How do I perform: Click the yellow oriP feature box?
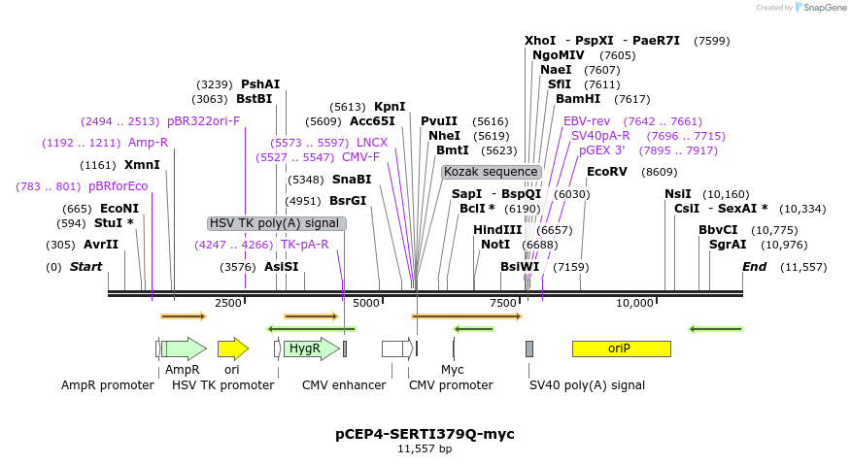pos(621,348)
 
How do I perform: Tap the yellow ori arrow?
pos(232,348)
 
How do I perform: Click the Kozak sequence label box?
pos(491,172)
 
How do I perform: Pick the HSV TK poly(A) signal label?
pos(276,223)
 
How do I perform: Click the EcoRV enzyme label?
pos(607,172)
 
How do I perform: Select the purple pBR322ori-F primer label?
pos(203,121)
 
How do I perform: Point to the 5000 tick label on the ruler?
pos(366,303)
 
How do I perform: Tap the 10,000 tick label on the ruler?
pos(635,303)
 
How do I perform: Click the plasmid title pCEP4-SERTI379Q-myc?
pos(425,433)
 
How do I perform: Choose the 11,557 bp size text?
pos(425,448)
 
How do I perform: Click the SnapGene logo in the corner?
pos(819,8)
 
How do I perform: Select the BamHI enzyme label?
pos(578,99)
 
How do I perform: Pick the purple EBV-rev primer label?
pos(587,121)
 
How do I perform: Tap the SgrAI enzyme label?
pos(728,245)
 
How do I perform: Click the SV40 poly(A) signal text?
pos(587,385)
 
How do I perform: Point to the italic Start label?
pos(85,267)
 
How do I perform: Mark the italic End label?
pos(755,267)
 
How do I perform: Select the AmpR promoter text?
pos(108,385)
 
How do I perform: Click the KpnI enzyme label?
pos(390,107)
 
